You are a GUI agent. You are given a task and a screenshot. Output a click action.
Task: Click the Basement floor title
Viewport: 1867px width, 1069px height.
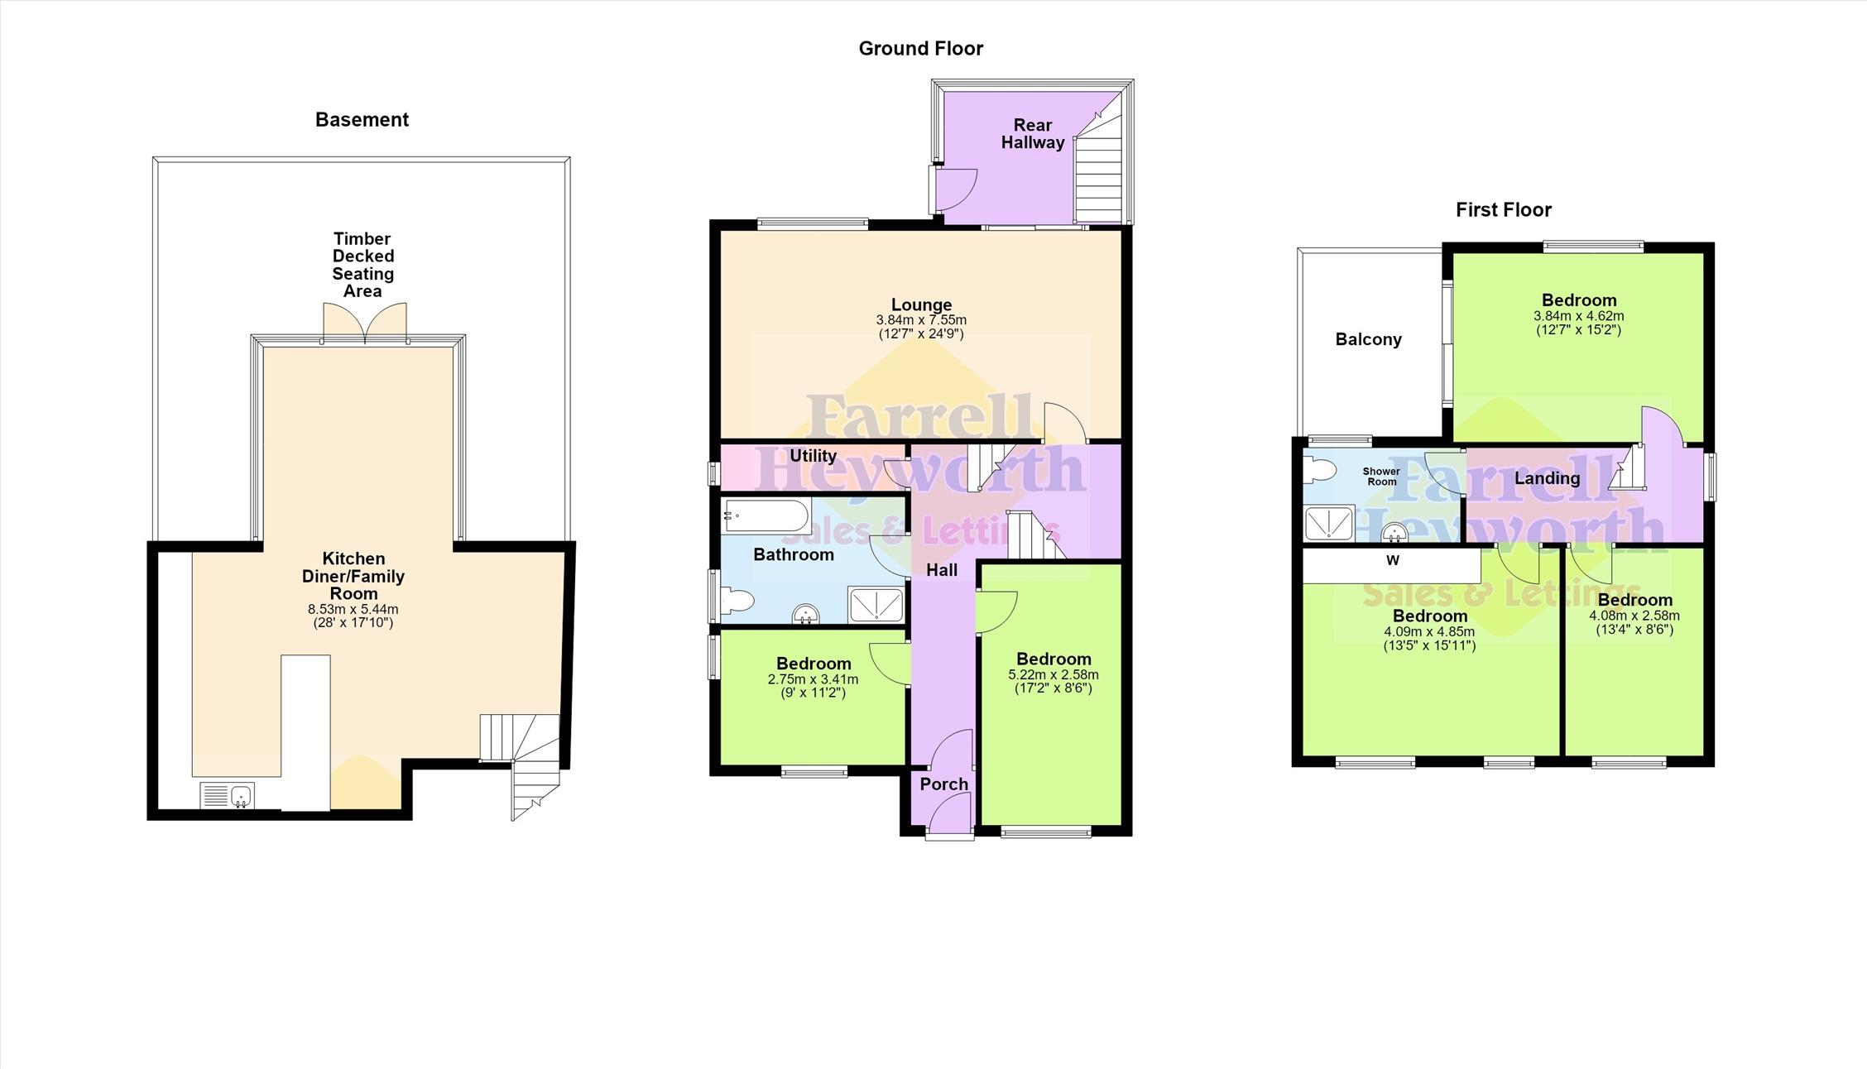[x=362, y=120]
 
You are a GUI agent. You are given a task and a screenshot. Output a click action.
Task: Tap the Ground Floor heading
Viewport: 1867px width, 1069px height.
[x=920, y=49]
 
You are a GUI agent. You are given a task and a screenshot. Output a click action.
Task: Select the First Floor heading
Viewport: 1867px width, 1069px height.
[x=1503, y=210]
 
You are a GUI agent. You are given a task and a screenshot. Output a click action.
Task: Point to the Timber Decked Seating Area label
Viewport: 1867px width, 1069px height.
[x=362, y=265]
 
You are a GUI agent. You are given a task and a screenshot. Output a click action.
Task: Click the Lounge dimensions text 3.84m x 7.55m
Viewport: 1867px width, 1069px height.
[x=921, y=320]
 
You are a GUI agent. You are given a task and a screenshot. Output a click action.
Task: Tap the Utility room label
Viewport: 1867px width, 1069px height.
[x=813, y=456]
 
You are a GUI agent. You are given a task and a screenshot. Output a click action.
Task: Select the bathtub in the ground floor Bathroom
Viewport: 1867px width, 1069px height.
[x=766, y=516]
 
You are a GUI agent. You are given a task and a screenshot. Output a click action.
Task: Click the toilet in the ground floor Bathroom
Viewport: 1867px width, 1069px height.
[x=737, y=601]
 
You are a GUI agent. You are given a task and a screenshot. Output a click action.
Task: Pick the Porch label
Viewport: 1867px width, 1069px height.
[x=943, y=784]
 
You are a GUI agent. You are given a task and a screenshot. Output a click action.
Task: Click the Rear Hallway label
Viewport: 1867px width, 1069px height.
[x=1033, y=134]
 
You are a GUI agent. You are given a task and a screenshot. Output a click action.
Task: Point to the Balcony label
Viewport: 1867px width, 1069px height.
[x=1368, y=340]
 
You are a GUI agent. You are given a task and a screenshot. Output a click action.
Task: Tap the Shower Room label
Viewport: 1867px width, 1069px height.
[x=1381, y=477]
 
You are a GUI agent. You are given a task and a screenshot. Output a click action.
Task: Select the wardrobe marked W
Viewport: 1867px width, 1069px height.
[x=1392, y=567]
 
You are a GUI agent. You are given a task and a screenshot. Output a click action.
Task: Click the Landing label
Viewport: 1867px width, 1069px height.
[x=1547, y=478]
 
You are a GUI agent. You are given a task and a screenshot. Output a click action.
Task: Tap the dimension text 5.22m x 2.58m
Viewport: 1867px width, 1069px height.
[x=1053, y=674]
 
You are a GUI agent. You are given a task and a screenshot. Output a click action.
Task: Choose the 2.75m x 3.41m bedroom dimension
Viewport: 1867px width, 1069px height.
[x=813, y=679]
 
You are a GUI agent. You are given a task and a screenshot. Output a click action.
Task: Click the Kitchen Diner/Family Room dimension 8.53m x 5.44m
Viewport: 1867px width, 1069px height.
[x=353, y=609]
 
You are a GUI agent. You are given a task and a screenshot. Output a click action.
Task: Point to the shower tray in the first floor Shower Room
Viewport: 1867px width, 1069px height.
[x=1329, y=522]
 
